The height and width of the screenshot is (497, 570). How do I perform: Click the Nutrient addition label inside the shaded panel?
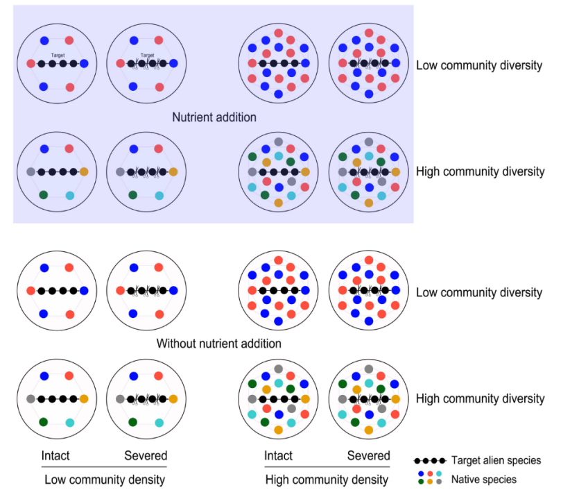[214, 117]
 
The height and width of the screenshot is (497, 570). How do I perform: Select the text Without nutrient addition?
[219, 344]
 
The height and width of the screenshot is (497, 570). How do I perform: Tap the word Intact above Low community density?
[55, 456]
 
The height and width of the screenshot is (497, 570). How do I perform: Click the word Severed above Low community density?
[146, 456]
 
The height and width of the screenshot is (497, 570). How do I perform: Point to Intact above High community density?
[278, 456]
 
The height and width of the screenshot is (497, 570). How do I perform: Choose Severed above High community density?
[368, 456]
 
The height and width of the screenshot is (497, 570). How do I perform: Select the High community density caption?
[327, 480]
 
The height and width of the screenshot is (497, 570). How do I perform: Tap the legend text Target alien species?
[496, 460]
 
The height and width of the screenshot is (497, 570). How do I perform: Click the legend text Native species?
[484, 479]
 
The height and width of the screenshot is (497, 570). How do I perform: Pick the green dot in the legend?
[420, 482]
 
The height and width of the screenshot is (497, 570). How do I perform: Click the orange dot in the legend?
[429, 482]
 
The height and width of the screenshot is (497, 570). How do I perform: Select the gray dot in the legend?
[439, 482]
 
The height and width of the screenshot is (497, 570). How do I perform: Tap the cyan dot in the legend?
[439, 473]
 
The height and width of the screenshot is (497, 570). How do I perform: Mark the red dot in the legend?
[429, 473]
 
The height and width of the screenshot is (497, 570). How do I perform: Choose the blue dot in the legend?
[420, 473]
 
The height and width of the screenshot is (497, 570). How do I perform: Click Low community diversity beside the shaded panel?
[479, 66]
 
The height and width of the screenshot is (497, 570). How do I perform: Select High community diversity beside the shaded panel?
[480, 171]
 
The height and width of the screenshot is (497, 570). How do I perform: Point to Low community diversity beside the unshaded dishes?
[479, 292]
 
